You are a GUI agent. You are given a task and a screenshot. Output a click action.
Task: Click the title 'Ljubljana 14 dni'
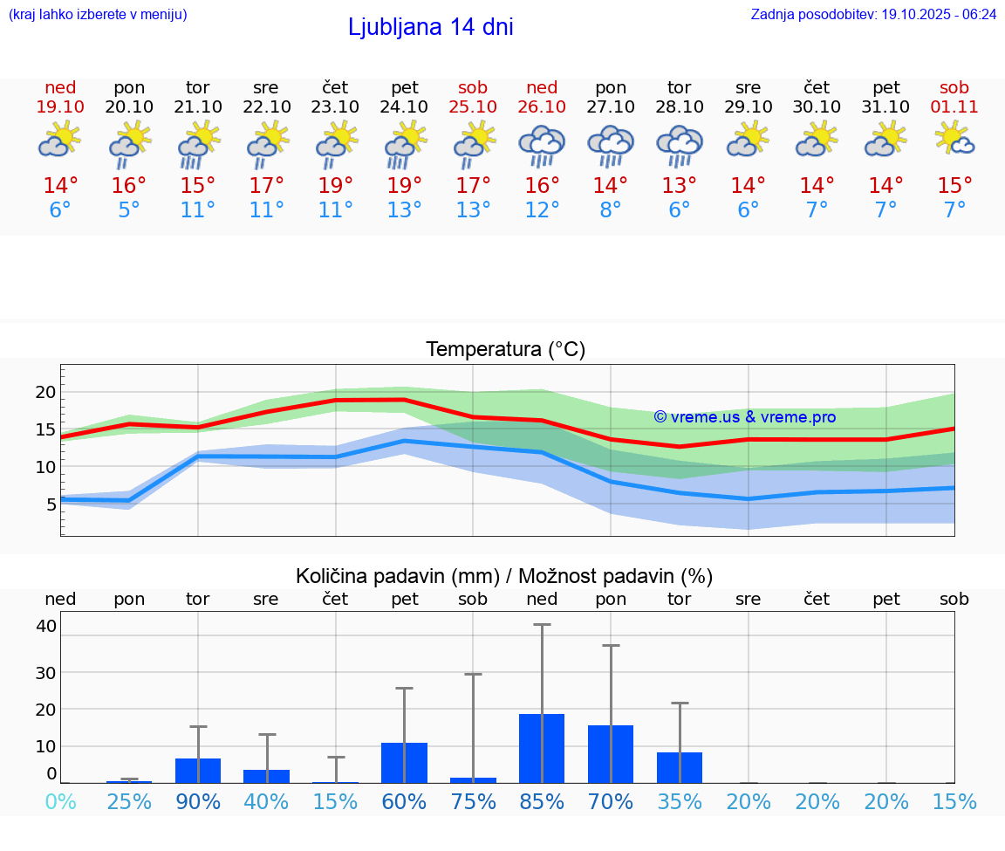pyautogui.click(x=430, y=27)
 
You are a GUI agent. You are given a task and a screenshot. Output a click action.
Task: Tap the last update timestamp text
pyautogui.click(x=873, y=14)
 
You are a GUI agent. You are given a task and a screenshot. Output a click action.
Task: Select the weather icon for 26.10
pyautogui.click(x=542, y=146)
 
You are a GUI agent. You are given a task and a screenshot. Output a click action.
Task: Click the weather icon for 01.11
pyautogui.click(x=954, y=140)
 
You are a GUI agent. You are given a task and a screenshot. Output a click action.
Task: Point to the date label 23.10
pyautogui.click(x=335, y=106)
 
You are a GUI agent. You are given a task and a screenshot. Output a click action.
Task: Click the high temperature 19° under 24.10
pyautogui.click(x=404, y=185)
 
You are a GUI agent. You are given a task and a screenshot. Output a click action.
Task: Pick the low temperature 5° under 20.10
pyautogui.click(x=129, y=209)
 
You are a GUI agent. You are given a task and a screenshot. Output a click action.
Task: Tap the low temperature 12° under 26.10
pyautogui.click(x=542, y=209)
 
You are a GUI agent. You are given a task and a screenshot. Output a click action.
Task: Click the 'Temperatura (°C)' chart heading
pyautogui.click(x=505, y=350)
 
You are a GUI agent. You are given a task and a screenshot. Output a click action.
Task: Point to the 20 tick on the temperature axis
pyautogui.click(x=45, y=392)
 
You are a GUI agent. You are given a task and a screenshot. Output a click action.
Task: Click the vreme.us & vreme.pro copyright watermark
pyautogui.click(x=745, y=417)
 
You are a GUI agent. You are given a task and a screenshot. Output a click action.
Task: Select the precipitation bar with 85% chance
pyautogui.click(x=542, y=748)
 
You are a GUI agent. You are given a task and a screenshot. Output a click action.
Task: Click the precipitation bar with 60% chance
pyautogui.click(x=404, y=762)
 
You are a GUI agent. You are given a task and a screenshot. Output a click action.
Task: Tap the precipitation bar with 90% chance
pyautogui.click(x=198, y=770)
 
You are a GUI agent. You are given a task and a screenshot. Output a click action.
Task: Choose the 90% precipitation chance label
pyautogui.click(x=198, y=801)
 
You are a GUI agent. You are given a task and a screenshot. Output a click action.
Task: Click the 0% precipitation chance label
pyautogui.click(x=60, y=801)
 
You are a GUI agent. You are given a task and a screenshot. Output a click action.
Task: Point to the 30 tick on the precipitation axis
pyautogui.click(x=45, y=672)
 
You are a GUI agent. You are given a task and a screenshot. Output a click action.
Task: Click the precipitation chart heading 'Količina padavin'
pyautogui.click(x=504, y=576)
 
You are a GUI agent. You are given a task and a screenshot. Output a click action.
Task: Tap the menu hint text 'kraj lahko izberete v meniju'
pyautogui.click(x=98, y=14)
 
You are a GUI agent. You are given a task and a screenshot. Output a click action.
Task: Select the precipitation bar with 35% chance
pyautogui.click(x=680, y=767)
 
